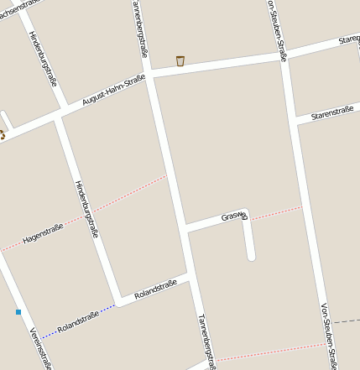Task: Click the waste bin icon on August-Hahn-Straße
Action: [180, 60]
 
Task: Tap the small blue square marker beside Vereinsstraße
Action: [18, 312]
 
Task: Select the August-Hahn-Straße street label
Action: [113, 90]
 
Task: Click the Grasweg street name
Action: [234, 216]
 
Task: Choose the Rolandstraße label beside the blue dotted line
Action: [78, 320]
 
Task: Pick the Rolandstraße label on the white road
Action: [155, 289]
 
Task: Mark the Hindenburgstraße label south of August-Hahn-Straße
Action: [86, 209]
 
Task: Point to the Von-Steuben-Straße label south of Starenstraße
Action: [329, 336]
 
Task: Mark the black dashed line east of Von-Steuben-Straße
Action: [345, 321]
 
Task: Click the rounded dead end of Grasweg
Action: [250, 256]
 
